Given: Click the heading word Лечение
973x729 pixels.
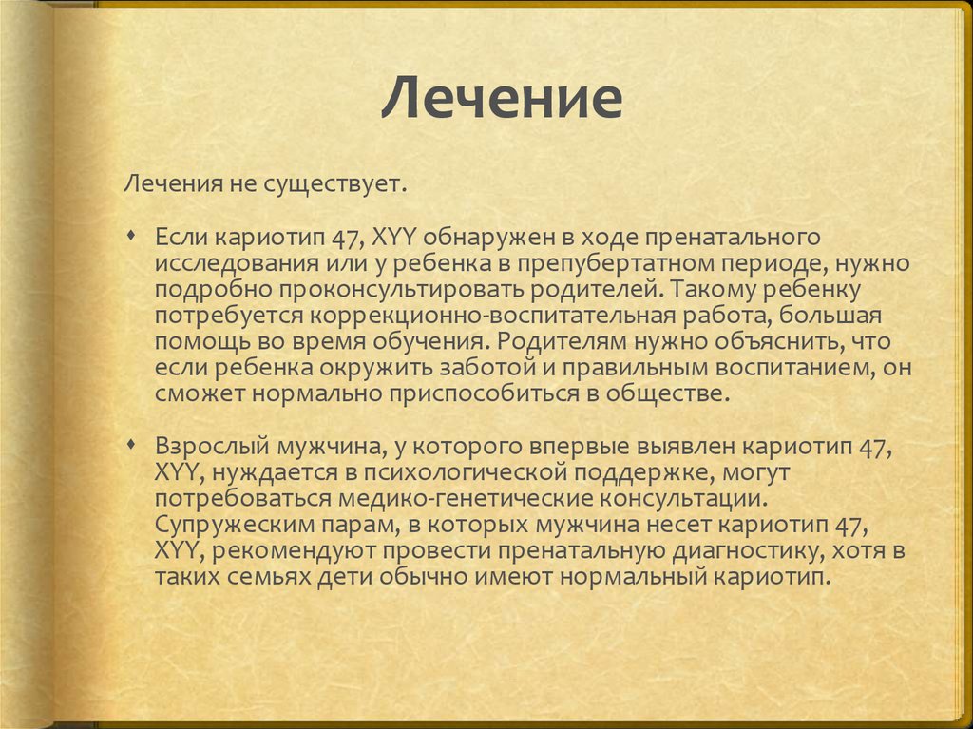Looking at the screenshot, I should (502, 99).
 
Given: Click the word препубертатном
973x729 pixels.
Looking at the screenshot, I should (612, 260).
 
